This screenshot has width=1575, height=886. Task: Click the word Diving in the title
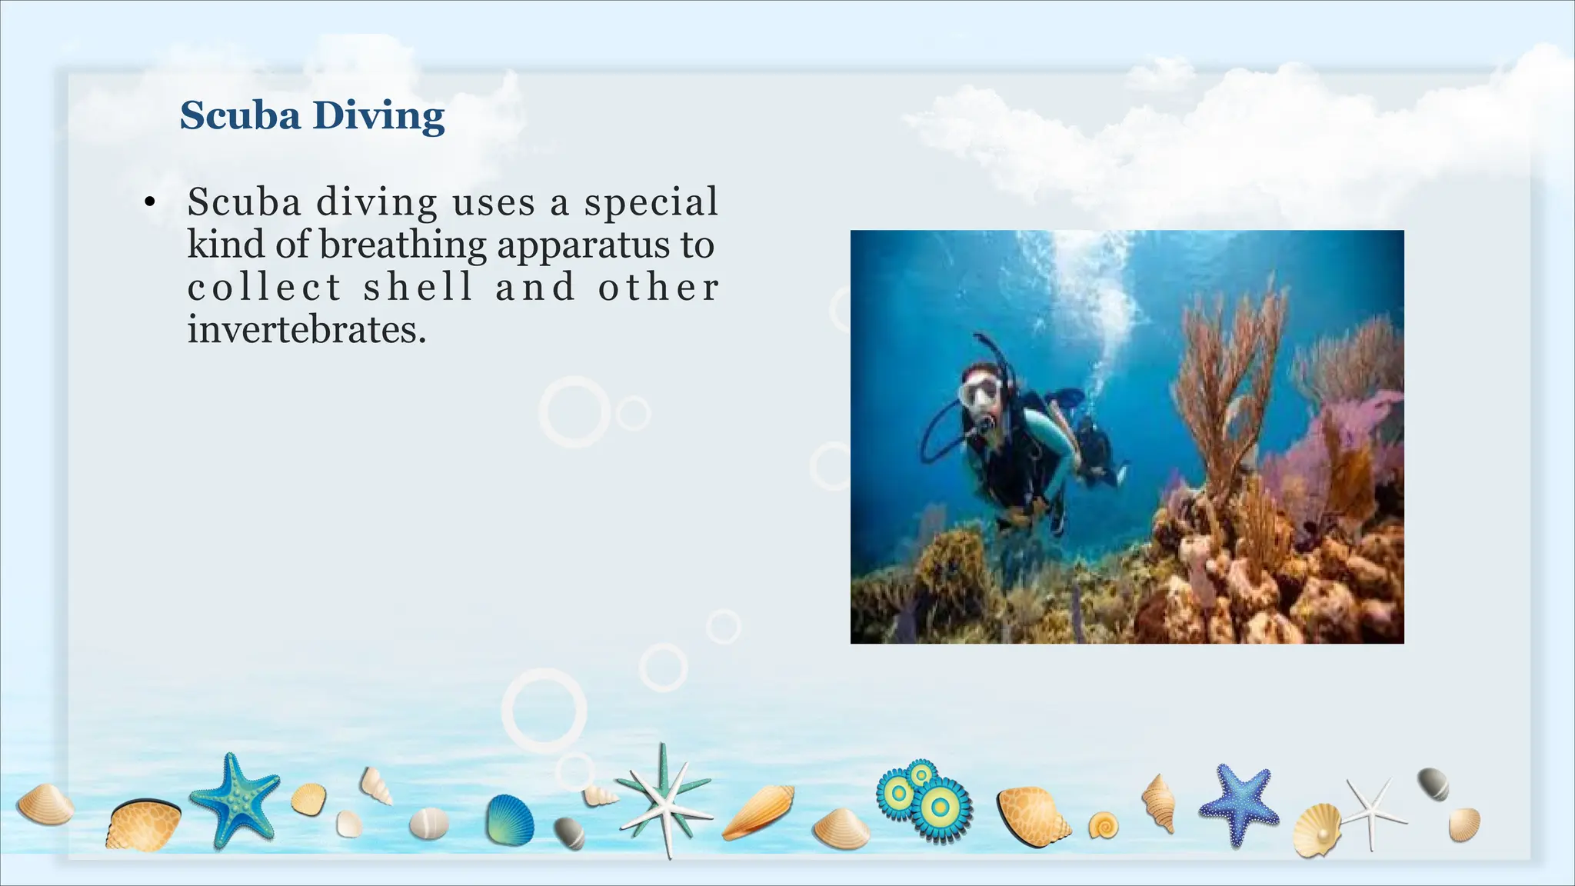coord(378,117)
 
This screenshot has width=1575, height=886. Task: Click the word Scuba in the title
coord(240,116)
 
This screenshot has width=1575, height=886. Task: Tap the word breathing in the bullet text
coord(402,245)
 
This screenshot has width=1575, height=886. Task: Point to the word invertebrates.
coord(306,330)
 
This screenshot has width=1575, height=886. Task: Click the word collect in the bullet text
coord(265,288)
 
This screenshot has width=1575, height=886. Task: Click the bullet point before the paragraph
coord(149,203)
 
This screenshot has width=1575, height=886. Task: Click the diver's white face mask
coord(980,392)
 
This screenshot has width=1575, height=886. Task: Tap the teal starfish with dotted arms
coord(234,800)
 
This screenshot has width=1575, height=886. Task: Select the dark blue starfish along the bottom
coord(1237,803)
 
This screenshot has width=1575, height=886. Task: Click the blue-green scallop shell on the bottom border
coord(510,820)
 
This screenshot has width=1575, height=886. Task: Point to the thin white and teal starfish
coord(666,800)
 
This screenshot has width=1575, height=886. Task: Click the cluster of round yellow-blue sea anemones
coord(926,800)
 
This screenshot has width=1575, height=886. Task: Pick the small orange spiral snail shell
coord(1104,826)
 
